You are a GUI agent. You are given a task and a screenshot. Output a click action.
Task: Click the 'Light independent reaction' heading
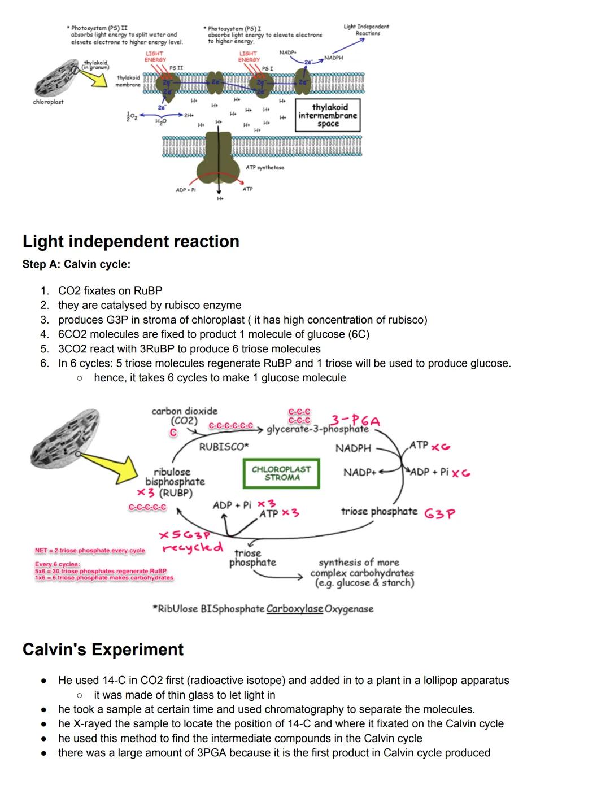130,242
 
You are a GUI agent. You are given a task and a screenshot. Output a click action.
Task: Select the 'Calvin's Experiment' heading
103,649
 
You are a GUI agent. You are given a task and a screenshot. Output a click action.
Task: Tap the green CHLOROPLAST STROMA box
281,473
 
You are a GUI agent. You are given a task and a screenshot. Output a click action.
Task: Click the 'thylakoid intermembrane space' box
328,115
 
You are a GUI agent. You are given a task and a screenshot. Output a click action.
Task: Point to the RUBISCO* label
224,447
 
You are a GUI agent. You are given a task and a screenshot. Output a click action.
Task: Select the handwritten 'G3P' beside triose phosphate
439,514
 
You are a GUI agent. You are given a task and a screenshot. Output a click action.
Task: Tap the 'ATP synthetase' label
265,168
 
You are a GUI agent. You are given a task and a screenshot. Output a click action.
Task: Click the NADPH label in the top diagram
333,58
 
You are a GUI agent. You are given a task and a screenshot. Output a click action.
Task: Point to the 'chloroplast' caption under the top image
48,102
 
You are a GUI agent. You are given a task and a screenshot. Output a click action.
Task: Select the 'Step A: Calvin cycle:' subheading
76,264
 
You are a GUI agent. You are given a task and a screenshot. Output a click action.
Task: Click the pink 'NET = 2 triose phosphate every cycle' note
90,550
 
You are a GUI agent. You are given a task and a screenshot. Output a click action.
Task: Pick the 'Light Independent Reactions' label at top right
366,30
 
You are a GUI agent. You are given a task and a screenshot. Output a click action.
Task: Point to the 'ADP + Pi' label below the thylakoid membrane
186,190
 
